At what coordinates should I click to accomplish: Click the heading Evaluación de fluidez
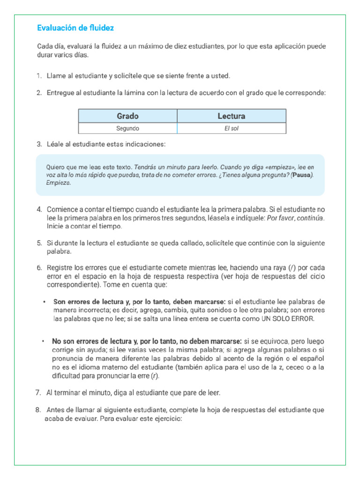75,28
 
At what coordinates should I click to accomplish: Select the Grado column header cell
127,116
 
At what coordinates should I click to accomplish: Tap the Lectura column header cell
231,116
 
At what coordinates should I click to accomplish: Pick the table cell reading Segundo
127,128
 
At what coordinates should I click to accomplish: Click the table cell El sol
231,128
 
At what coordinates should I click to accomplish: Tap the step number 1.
39,76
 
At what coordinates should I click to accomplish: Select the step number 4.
39,209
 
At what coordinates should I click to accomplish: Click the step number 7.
38,392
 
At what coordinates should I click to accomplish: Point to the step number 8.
38,410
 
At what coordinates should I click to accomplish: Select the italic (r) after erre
155,376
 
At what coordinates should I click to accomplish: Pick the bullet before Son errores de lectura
44,301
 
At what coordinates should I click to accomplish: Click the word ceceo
295,367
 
